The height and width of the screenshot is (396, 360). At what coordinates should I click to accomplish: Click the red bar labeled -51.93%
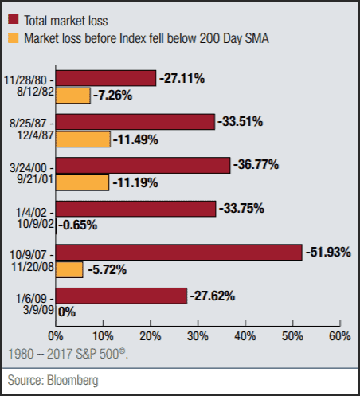pyautogui.click(x=179, y=252)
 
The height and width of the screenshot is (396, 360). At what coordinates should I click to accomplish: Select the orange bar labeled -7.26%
pyautogui.click(x=73, y=96)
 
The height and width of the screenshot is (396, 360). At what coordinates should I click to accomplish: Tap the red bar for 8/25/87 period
pyautogui.click(x=135, y=121)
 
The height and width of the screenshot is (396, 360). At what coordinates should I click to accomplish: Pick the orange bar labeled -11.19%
pyautogui.click(x=83, y=182)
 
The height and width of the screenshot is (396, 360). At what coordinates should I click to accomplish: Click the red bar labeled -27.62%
pyautogui.click(x=122, y=295)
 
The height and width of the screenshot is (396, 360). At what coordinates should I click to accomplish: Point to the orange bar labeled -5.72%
pyautogui.click(x=69, y=269)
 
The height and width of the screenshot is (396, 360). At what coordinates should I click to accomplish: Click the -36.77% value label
pyautogui.click(x=256, y=165)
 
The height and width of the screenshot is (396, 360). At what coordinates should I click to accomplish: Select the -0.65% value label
pyautogui.click(x=78, y=225)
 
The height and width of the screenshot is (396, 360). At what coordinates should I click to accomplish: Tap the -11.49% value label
pyautogui.click(x=135, y=139)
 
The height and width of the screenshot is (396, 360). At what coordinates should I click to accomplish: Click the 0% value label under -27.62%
pyautogui.click(x=67, y=312)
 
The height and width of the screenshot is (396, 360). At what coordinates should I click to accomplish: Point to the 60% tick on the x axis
pyautogui.click(x=339, y=335)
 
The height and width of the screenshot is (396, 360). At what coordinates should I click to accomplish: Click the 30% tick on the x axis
pyautogui.click(x=198, y=335)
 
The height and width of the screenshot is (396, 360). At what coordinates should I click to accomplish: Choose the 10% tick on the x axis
pyautogui.click(x=103, y=335)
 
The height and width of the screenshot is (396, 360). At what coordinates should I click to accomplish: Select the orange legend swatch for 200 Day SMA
pyautogui.click(x=13, y=37)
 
